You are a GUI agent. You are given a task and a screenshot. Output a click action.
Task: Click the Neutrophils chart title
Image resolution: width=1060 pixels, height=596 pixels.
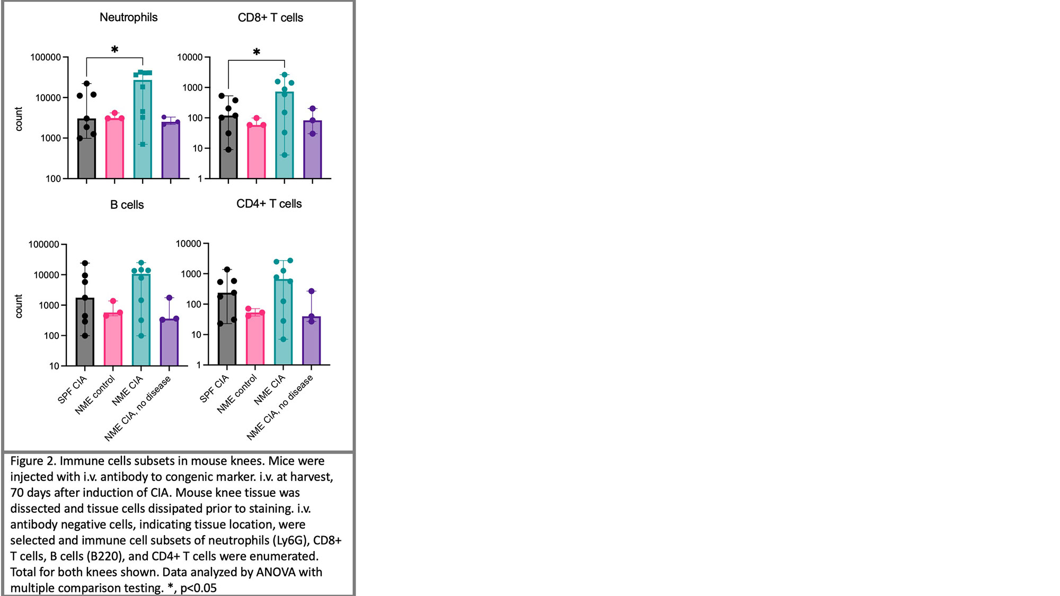[128, 17]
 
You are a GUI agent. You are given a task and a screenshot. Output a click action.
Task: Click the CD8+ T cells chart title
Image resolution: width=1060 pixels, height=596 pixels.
[270, 17]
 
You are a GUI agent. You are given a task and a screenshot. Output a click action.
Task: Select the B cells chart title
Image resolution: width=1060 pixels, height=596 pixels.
[127, 205]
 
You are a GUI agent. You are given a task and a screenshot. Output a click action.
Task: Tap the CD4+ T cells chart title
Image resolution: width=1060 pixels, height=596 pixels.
[269, 204]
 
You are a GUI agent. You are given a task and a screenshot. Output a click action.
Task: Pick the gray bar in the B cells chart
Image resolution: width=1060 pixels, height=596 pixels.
[85, 334]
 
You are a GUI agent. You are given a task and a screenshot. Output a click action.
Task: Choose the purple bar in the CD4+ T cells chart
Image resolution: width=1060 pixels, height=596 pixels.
[311, 342]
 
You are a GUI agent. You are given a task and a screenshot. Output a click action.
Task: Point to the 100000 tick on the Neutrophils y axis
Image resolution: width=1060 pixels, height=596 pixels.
[46, 57]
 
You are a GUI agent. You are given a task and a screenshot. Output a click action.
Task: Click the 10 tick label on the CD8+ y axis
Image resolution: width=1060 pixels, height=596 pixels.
[198, 148]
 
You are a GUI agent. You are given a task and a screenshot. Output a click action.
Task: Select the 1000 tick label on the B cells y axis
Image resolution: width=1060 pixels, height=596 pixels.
[49, 306]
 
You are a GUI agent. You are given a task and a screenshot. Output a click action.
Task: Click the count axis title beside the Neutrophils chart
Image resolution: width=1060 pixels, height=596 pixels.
[19, 119]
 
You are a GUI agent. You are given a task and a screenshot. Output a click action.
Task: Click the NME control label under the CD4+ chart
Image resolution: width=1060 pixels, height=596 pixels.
[237, 394]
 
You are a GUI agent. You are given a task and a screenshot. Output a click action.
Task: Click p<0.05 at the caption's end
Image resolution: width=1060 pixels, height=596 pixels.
[198, 588]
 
